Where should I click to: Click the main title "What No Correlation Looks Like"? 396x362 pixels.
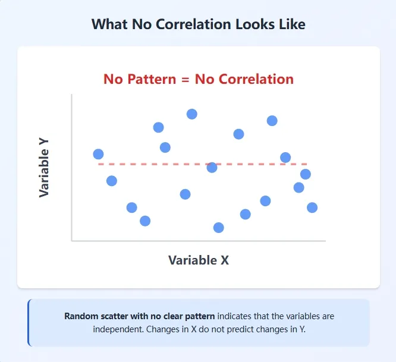[198, 24]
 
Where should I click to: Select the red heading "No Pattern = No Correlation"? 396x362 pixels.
[198, 79]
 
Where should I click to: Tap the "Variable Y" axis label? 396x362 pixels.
[44, 168]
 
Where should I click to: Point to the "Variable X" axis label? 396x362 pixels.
[198, 260]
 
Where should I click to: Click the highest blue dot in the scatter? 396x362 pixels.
[191, 114]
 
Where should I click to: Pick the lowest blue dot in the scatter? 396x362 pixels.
[218, 228]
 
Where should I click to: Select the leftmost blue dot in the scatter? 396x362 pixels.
[98, 154]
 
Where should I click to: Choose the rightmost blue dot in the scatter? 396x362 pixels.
[312, 207]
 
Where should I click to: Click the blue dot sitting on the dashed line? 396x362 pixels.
[212, 168]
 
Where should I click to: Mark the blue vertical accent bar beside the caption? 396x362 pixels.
[29, 322]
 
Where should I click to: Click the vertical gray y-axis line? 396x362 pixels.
[71, 166]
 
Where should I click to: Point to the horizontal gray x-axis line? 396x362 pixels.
[198, 241]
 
